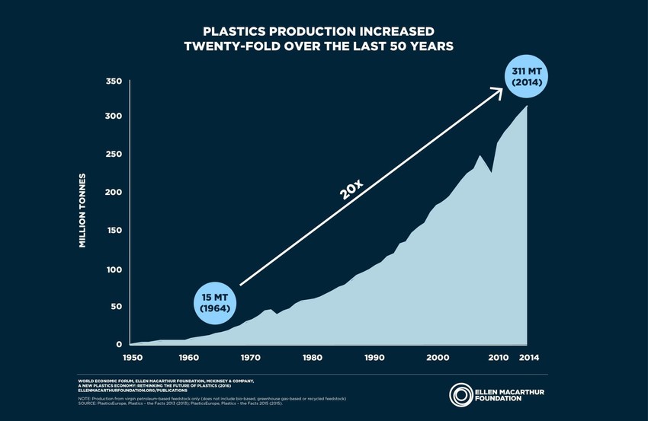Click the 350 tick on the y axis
point(113,81)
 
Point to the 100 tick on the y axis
point(113,270)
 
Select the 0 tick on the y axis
point(119,345)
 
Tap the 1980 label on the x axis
point(311,357)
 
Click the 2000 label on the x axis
point(436,357)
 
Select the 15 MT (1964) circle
point(215,301)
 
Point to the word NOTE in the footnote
point(86,398)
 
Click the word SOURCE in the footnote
point(89,403)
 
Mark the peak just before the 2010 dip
point(480,156)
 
